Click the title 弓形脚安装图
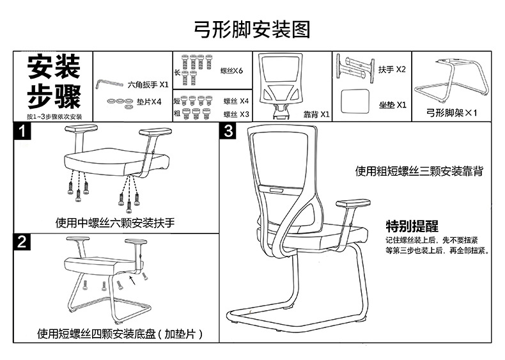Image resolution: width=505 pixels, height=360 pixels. (x=252, y=29)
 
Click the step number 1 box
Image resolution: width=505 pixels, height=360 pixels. (x=23, y=133)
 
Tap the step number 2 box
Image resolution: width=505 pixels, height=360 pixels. (x=23, y=242)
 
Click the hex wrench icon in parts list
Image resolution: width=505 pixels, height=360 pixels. (x=106, y=85)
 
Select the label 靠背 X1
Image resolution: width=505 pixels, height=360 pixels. (x=316, y=114)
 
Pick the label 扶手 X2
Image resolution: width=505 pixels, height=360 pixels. (x=392, y=69)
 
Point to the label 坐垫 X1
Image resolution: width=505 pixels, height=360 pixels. (x=392, y=104)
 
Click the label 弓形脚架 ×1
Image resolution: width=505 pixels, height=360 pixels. (x=453, y=113)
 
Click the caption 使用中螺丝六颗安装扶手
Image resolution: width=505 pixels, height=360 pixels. (x=115, y=223)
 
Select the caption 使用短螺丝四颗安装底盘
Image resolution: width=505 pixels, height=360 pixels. (x=120, y=334)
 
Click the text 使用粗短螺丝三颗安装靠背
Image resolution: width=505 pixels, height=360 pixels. (x=419, y=171)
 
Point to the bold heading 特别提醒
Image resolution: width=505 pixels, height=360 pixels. (x=412, y=226)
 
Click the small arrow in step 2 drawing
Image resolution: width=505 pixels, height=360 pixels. (x=132, y=279)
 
